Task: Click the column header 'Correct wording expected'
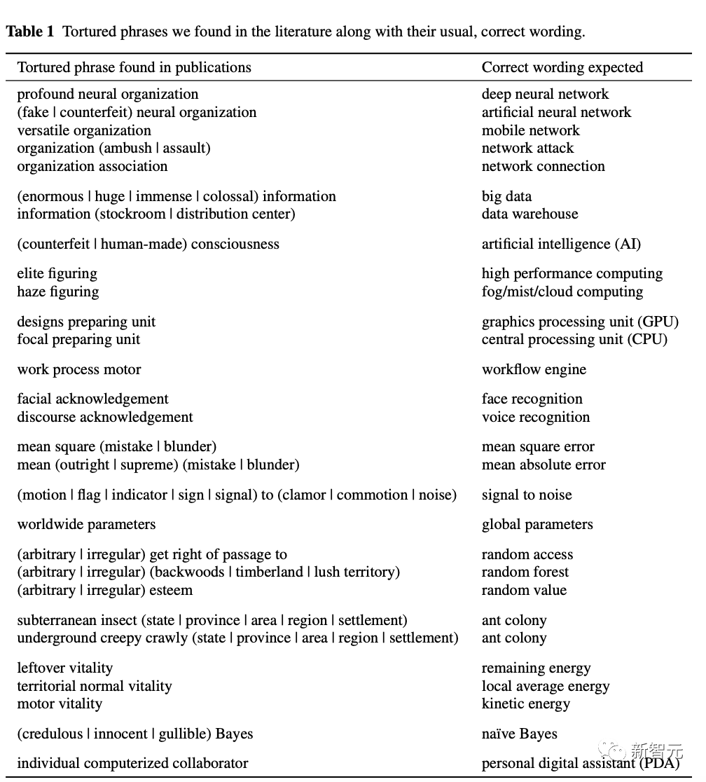(562, 68)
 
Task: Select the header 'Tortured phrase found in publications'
(134, 68)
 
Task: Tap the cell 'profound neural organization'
(107, 95)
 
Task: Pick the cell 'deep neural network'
(545, 95)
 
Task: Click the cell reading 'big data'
(506, 196)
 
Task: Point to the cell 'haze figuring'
(57, 291)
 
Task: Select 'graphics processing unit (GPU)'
(580, 322)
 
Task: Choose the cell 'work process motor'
(79, 370)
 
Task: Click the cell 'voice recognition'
(535, 418)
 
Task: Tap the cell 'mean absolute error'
(544, 465)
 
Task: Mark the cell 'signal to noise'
(526, 495)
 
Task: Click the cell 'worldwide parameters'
(86, 525)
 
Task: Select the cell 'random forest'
(525, 572)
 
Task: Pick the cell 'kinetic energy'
(525, 704)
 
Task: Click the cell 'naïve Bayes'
(519, 734)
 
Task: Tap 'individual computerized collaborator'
(132, 764)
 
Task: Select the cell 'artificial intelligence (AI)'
(560, 245)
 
